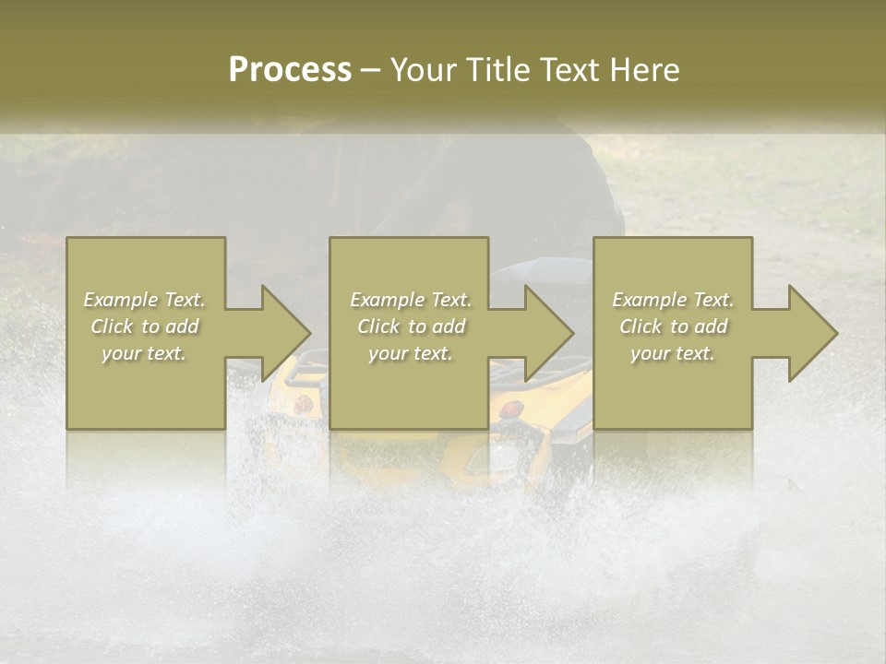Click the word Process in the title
290,70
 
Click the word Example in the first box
122,300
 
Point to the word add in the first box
182,326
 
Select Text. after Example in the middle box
449,300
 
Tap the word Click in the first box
111,326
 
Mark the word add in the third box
711,326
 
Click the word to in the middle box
416,326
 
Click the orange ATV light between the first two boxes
302,403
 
